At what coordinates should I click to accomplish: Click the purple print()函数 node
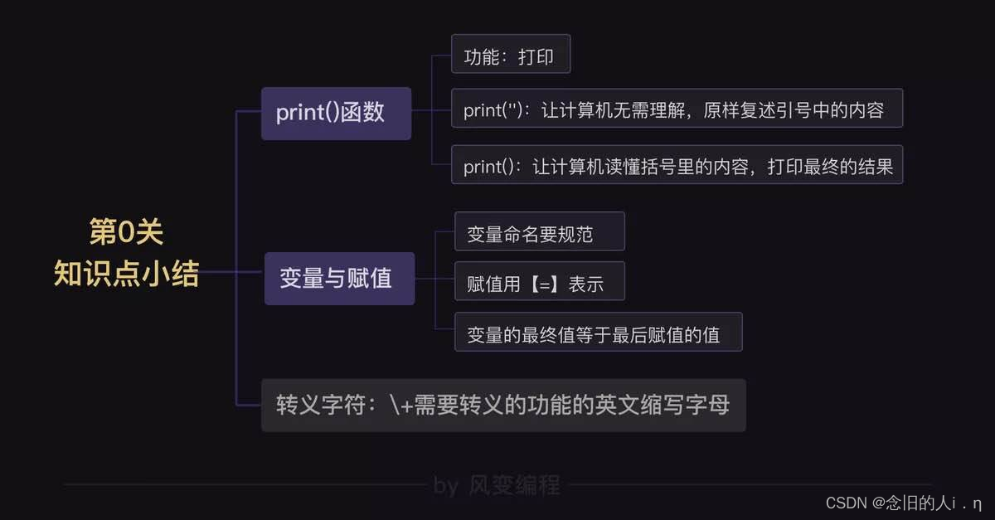(336, 113)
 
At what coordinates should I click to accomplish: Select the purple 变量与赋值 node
(339, 279)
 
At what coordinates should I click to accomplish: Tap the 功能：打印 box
(511, 59)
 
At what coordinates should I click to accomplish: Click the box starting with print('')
(676, 109)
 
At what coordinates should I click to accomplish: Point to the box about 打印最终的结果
(677, 166)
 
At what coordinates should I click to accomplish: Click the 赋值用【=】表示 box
(539, 284)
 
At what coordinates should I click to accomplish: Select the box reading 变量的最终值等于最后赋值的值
(598, 333)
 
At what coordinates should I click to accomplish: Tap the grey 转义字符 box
(503, 406)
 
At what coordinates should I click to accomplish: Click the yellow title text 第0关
(127, 232)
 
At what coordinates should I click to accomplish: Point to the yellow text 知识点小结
(127, 273)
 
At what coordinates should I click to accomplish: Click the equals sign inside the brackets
(547, 284)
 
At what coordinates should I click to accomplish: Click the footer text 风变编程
(514, 485)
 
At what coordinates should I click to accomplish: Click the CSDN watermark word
(846, 503)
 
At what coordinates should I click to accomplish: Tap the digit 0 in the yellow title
(126, 232)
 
